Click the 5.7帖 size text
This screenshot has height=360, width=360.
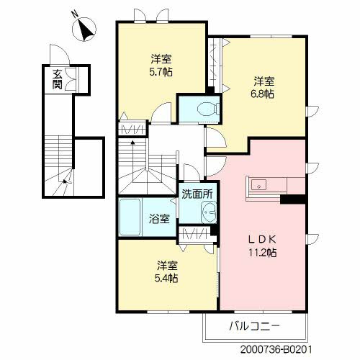click(161, 71)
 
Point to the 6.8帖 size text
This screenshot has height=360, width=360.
click(263, 94)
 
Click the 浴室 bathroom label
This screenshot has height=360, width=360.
click(159, 219)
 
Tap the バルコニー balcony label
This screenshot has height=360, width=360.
click(255, 325)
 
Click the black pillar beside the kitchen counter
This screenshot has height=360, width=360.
click(293, 199)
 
